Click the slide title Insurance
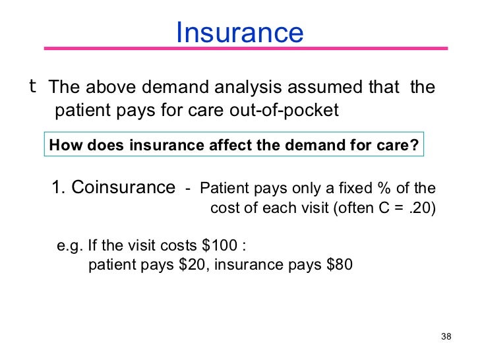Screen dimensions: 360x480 coord(239,32)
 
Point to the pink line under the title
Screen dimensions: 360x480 coord(245,49)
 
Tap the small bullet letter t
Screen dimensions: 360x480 coord(32,86)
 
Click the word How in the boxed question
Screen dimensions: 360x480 coord(63,145)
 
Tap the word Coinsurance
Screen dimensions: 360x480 coord(123,187)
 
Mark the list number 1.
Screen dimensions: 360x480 coord(58,187)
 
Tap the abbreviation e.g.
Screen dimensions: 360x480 coord(69,247)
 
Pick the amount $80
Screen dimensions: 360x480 coord(339,266)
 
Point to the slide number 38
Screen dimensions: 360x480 coord(446,337)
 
